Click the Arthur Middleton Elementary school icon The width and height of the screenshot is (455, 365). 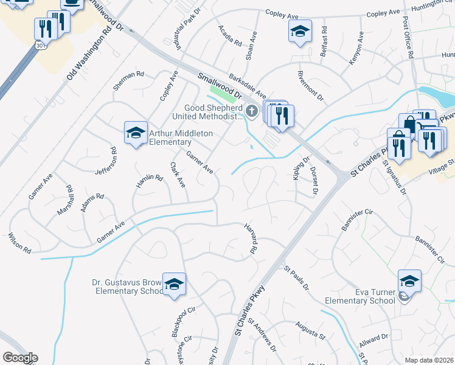click(136, 133)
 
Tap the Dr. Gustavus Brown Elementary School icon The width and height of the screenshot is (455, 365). click(174, 285)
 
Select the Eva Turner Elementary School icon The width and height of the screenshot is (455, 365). click(410, 281)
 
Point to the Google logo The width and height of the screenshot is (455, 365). click(19, 358)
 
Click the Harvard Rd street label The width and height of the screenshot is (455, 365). click(250, 238)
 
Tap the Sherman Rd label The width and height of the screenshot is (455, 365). click(128, 82)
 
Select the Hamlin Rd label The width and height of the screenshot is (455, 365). click(150, 181)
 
